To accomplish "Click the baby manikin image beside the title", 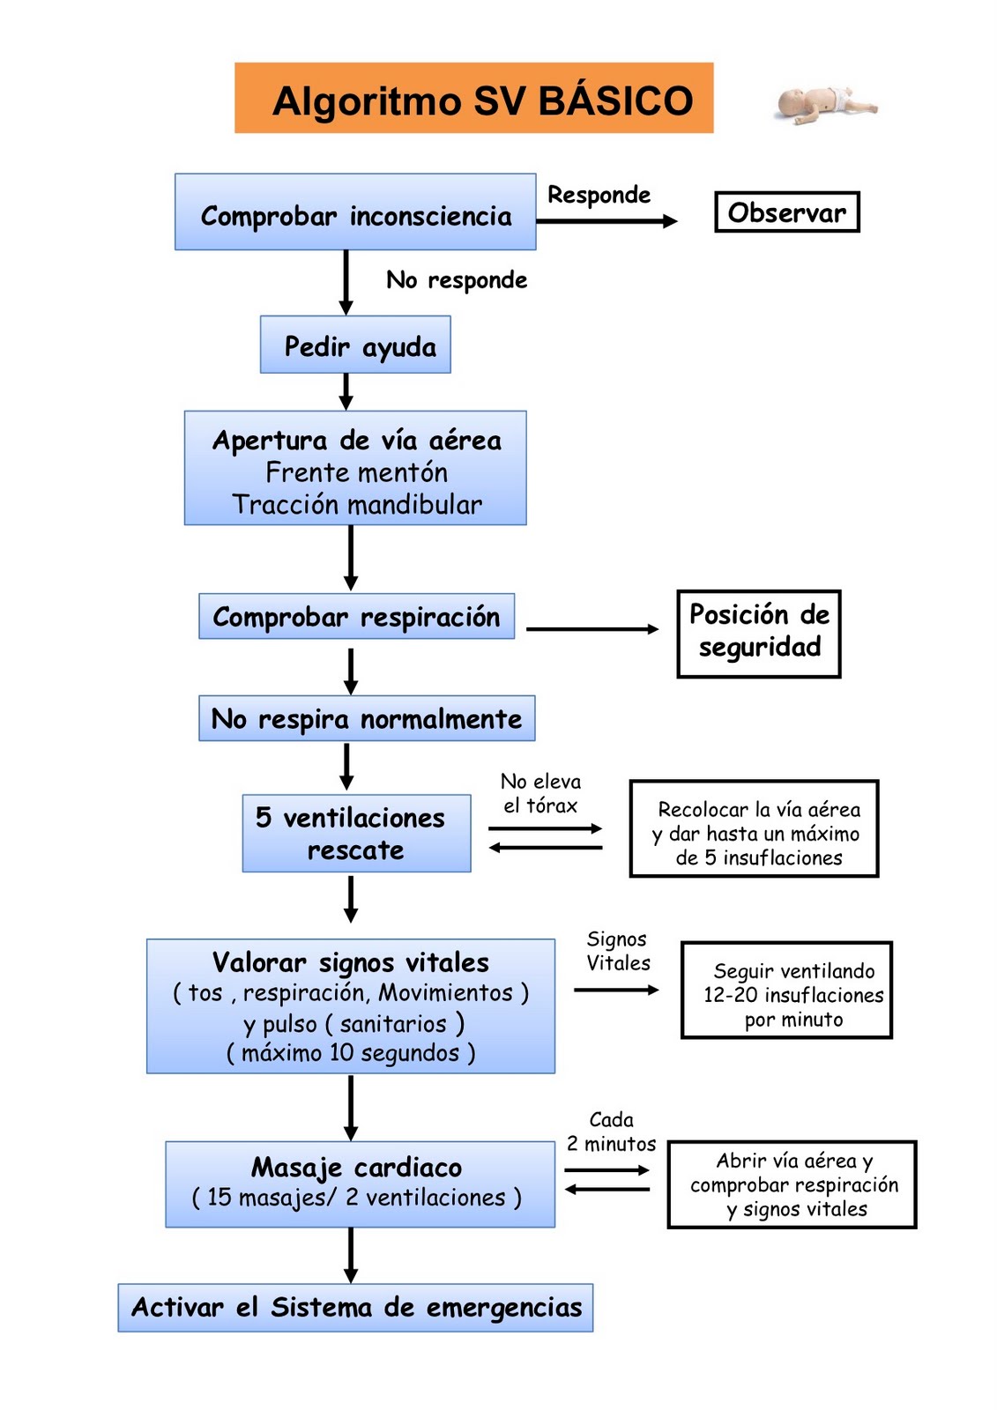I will [x=826, y=105].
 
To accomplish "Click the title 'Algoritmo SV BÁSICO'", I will [x=482, y=100].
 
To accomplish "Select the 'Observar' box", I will [x=786, y=212].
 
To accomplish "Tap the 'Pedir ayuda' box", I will [x=356, y=345].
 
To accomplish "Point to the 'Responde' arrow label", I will [x=599, y=195].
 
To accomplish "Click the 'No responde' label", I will [x=457, y=280].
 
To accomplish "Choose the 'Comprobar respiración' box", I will [x=356, y=617].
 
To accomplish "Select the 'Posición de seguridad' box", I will [x=758, y=633].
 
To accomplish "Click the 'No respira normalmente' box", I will [x=367, y=719].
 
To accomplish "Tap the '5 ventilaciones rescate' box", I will [x=356, y=834].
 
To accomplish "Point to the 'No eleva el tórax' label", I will [x=540, y=793].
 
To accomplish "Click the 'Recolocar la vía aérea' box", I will [x=754, y=829].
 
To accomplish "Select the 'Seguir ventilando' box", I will [x=786, y=991].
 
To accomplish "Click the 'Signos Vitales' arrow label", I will [x=617, y=951].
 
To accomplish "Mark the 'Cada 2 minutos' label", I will [x=611, y=1132].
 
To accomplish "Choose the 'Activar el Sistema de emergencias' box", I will [x=355, y=1307].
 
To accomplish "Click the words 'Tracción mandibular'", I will [x=357, y=505].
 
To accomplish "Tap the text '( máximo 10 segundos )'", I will [x=351, y=1053].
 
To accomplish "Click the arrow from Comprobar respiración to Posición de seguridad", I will [x=592, y=629].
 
